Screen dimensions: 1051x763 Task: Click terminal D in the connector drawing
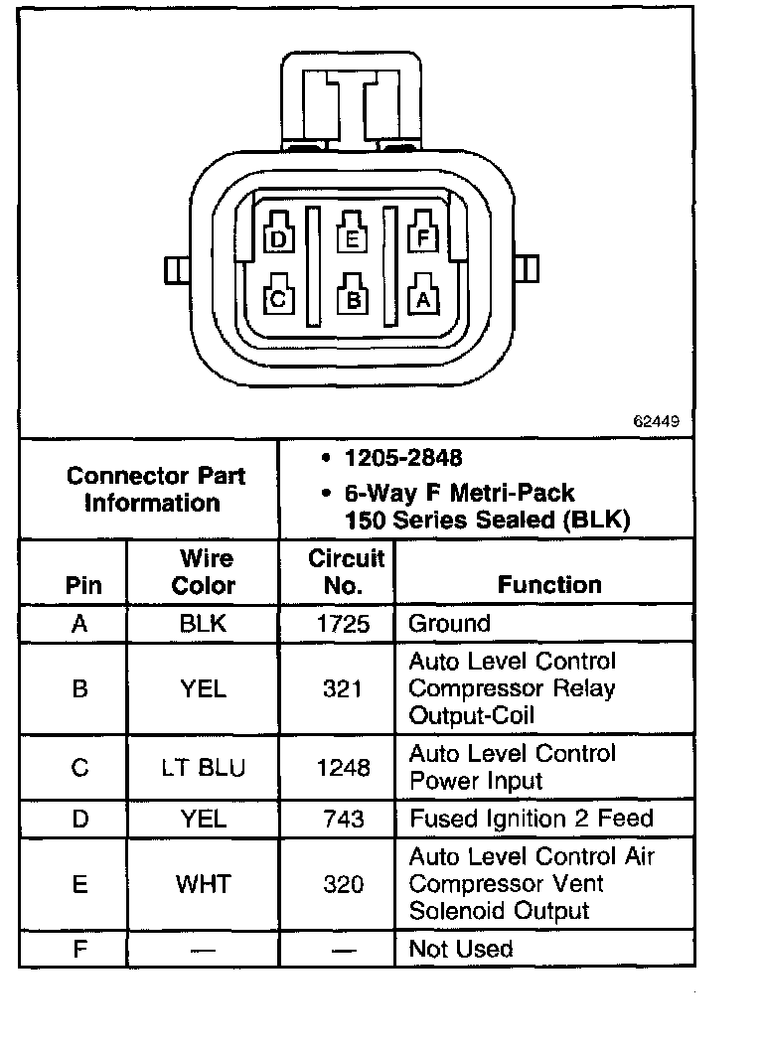click(278, 238)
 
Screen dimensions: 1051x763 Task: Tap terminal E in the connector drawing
click(352, 238)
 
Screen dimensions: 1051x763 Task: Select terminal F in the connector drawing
click(424, 238)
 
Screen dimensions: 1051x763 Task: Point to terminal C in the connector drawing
click(278, 298)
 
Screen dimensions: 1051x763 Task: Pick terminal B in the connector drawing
click(352, 298)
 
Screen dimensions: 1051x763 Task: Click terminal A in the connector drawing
click(424, 298)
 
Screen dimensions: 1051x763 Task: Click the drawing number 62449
click(657, 421)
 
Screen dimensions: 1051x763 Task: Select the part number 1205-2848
click(402, 459)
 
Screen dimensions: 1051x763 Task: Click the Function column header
click(549, 585)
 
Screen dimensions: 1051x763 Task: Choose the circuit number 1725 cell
click(343, 624)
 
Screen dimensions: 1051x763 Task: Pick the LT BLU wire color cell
click(204, 768)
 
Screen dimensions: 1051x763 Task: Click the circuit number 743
click(343, 820)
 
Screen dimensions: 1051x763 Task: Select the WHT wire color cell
click(204, 884)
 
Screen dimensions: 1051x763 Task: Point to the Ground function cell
click(450, 624)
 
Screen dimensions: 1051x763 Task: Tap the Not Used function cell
click(461, 949)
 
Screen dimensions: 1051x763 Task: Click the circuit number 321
click(343, 688)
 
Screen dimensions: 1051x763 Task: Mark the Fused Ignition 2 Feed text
click(532, 820)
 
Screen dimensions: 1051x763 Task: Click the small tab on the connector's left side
click(174, 269)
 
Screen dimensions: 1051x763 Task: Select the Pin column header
click(83, 585)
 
